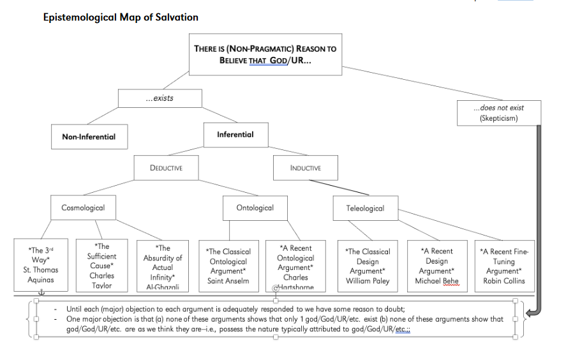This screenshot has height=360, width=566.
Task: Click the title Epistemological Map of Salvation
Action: pyautogui.click(x=121, y=17)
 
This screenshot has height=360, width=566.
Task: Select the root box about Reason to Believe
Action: pyautogui.click(x=265, y=55)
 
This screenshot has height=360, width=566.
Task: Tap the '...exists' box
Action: pyautogui.click(x=160, y=98)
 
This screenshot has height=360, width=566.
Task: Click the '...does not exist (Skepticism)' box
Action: pyautogui.click(x=498, y=112)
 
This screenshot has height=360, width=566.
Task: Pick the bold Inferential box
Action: pyautogui.click(x=235, y=135)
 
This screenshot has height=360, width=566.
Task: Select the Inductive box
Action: pyautogui.click(x=305, y=168)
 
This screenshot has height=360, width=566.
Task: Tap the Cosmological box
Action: pyautogui.click(x=83, y=207)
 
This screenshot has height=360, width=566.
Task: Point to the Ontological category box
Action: pyautogui.click(x=255, y=207)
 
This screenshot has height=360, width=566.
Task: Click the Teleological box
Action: pyautogui.click(x=365, y=208)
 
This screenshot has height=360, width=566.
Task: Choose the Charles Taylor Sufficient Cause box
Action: pyautogui.click(x=102, y=266)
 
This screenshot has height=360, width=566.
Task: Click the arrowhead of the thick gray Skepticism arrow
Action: pyautogui.click(x=529, y=311)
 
